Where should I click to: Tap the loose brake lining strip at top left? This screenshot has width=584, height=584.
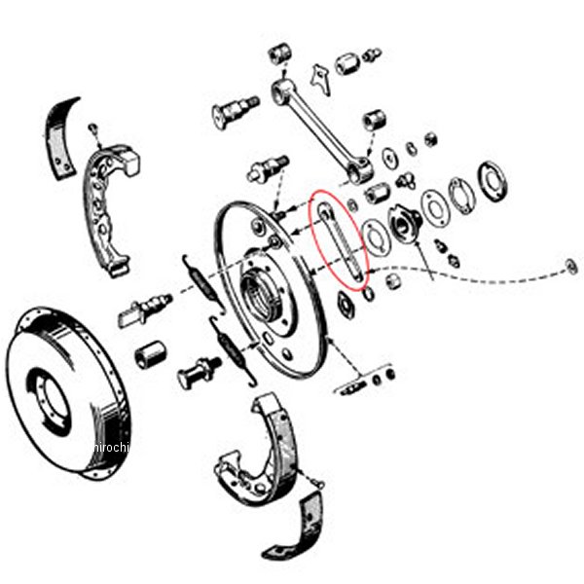pos(61,136)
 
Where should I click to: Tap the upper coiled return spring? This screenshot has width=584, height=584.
pos(203,282)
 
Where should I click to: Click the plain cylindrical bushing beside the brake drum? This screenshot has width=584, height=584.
pos(150,354)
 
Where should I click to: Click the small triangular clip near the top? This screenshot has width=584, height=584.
pos(319,78)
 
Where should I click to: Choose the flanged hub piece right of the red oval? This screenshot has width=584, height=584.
pos(401,222)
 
